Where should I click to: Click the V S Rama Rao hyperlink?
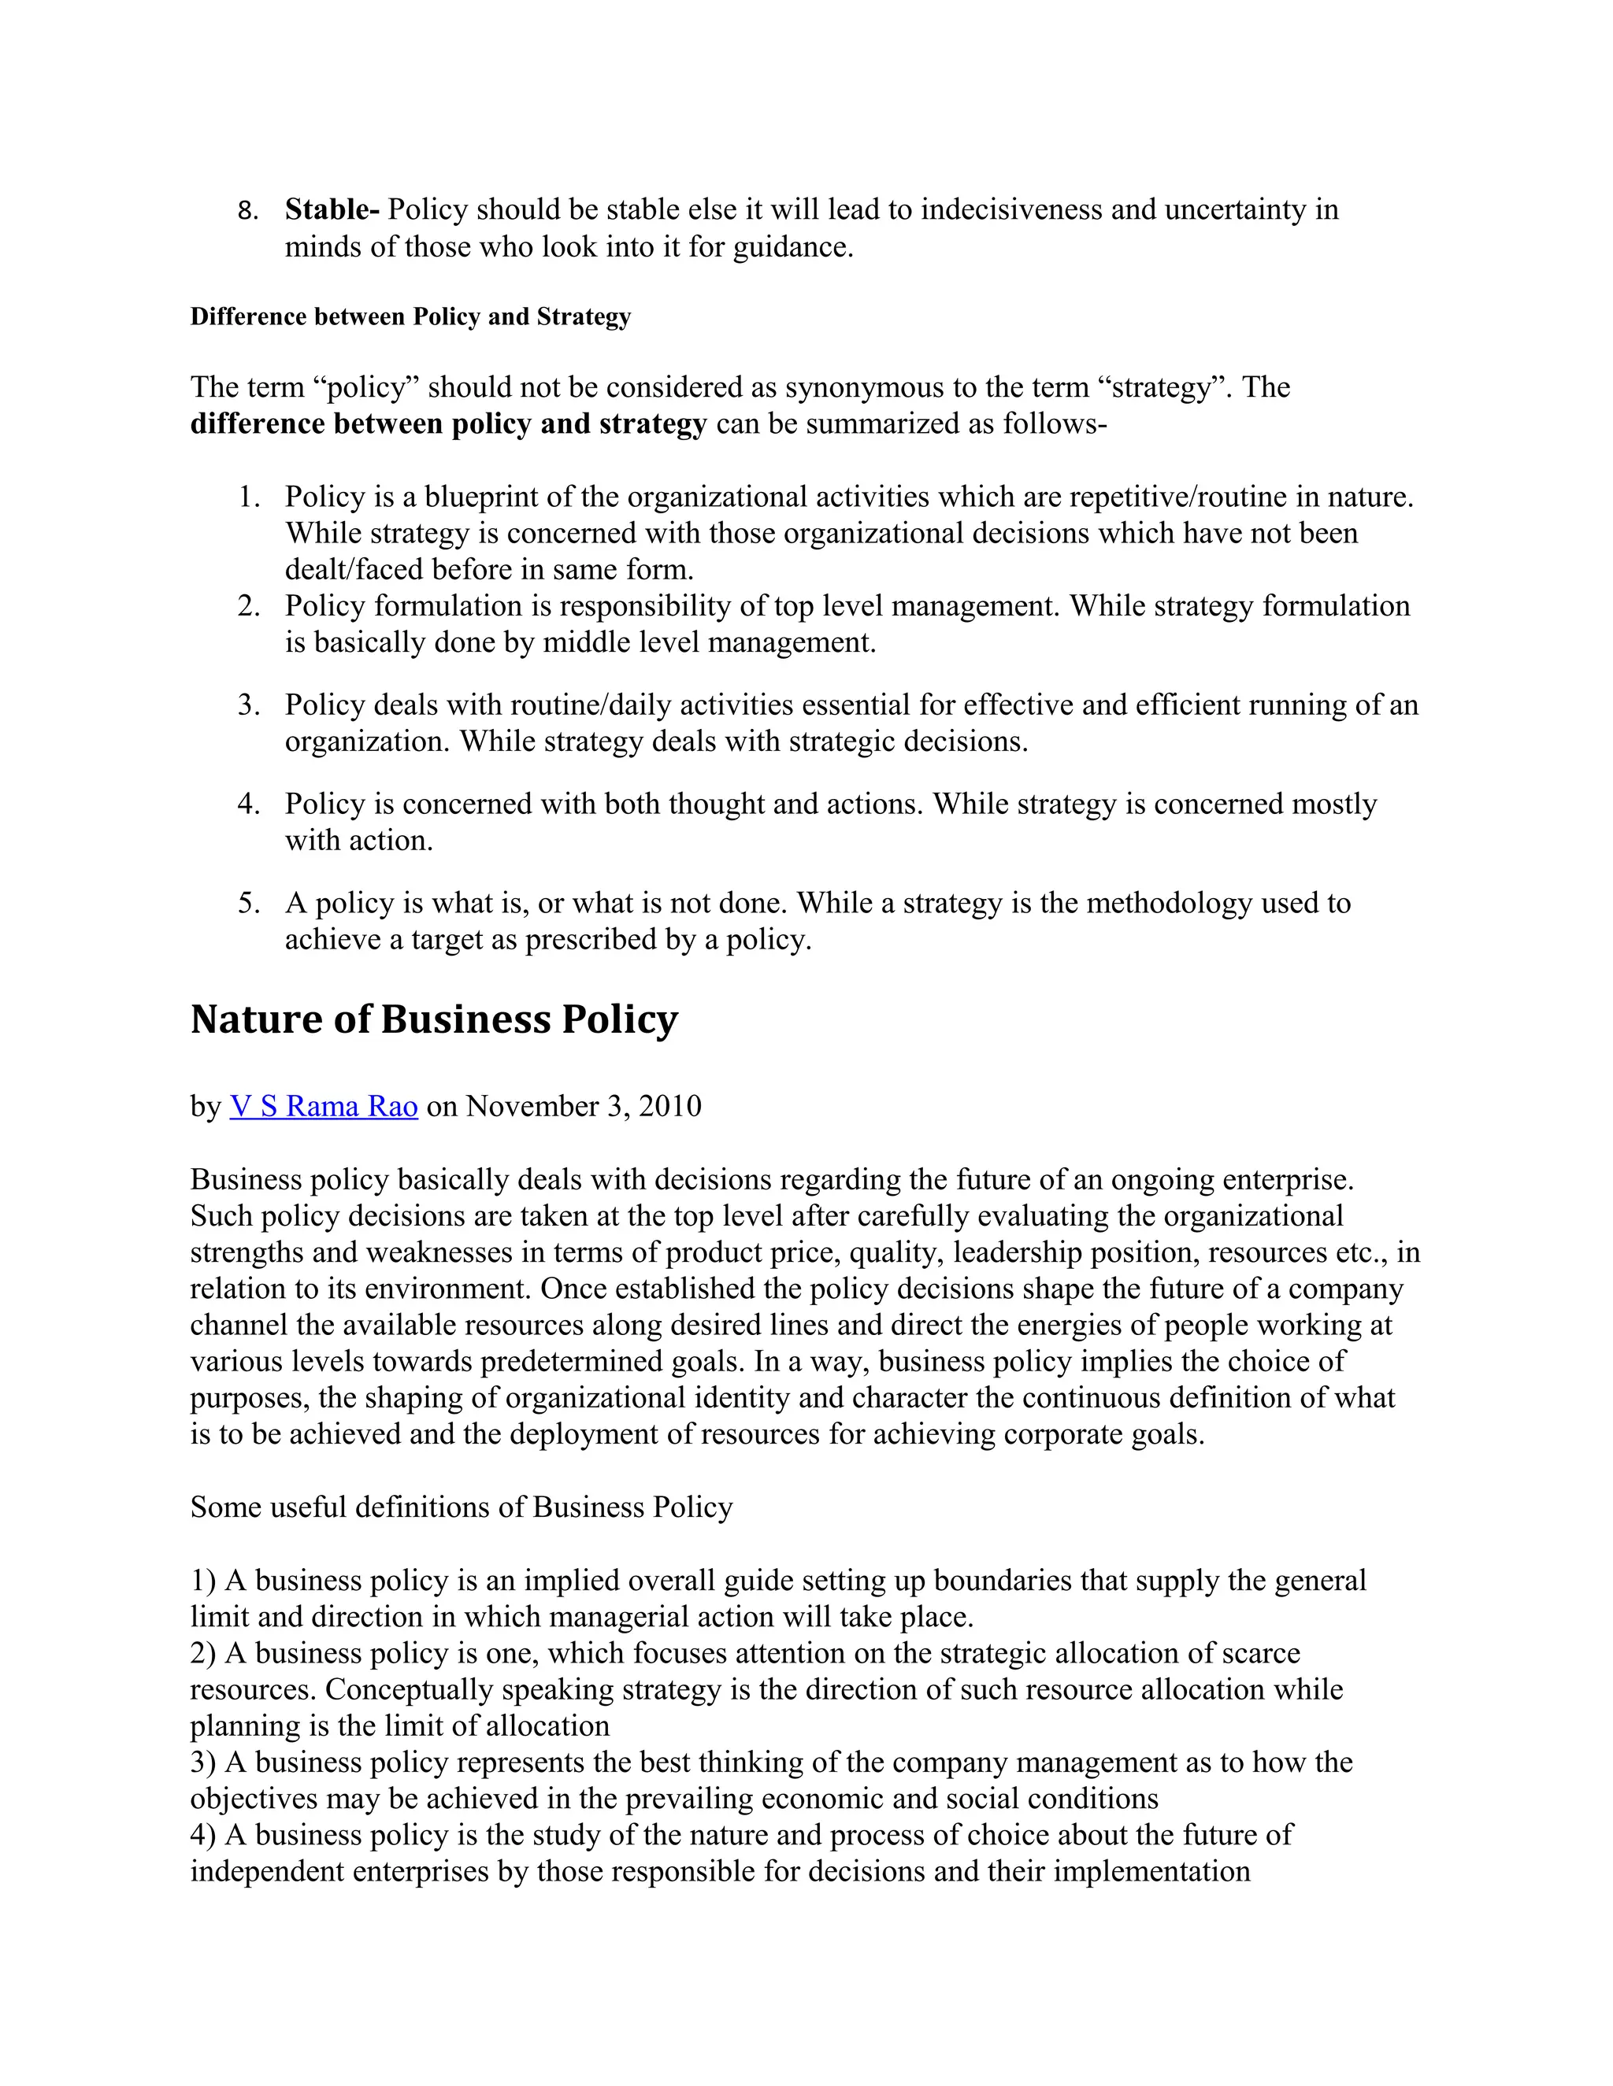(x=323, y=1106)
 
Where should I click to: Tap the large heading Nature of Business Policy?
(x=434, y=1020)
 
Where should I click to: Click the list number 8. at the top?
(x=248, y=211)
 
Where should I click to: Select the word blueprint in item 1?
(x=485, y=497)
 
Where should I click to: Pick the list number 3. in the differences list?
(x=248, y=705)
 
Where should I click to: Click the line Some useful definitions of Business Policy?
(x=462, y=1507)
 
